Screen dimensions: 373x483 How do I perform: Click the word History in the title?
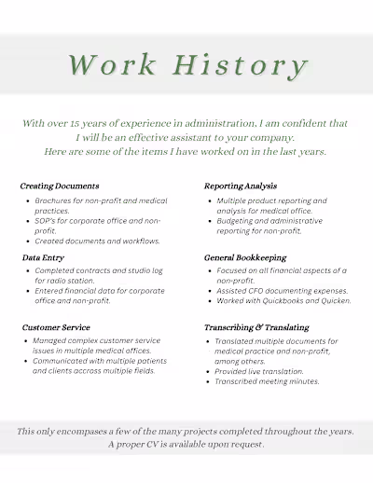tap(247, 65)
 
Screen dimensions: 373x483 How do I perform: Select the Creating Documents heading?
tap(60, 186)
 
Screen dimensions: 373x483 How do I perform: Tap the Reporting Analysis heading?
tap(241, 186)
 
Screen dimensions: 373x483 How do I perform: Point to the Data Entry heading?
tap(43, 256)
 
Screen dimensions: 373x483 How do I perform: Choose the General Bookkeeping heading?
tap(245, 256)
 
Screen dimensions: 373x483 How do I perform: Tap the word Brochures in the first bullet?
tap(55, 200)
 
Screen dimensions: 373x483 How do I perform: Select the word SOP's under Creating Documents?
tap(47, 221)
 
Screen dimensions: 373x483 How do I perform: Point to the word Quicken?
tap(334, 300)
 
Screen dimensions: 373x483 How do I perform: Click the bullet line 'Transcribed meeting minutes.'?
tap(267, 381)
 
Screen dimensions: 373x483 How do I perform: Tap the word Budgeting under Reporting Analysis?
tap(238, 221)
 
